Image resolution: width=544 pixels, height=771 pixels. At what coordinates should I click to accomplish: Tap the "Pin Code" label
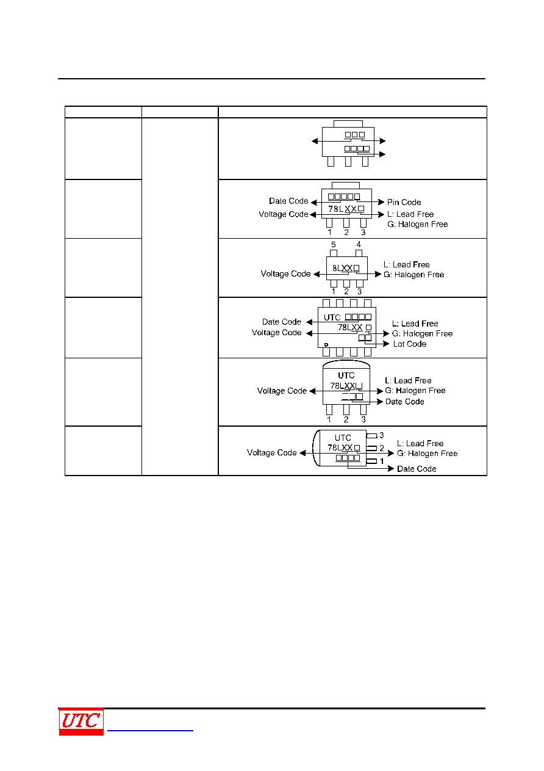point(404,202)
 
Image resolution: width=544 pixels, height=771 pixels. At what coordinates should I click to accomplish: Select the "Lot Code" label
point(410,344)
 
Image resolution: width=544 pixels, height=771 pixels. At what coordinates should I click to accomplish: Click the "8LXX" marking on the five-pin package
point(342,268)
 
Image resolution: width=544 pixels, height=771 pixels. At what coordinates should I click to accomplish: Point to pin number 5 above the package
point(333,244)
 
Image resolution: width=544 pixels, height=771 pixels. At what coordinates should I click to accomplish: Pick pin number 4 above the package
point(359,244)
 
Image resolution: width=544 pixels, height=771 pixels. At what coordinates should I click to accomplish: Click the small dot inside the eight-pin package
point(326,344)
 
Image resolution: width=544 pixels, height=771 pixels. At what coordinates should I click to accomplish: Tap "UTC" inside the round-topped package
point(346,375)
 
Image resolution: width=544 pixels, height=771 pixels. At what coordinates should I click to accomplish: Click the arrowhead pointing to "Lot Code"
point(386,344)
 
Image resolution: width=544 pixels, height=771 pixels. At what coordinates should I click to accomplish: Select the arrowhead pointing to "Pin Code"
point(381,201)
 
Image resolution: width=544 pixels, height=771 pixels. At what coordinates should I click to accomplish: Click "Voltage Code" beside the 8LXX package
point(285,274)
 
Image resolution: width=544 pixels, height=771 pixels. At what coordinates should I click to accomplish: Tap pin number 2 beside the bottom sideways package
point(381,448)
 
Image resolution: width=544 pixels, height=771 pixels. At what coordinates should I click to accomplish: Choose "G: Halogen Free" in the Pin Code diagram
point(418,224)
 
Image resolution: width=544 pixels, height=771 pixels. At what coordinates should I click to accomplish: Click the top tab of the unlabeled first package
point(348,124)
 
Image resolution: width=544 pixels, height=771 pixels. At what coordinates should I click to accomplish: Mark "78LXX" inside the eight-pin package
point(349,327)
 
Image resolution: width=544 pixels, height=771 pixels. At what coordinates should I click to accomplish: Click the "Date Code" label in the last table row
point(417,469)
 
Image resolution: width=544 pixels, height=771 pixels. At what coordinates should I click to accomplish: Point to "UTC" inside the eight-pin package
point(332,317)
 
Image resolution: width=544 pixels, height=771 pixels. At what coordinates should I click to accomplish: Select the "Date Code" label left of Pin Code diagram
point(288,201)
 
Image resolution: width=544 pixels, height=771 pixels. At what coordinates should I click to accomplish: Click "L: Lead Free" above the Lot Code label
point(415,324)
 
